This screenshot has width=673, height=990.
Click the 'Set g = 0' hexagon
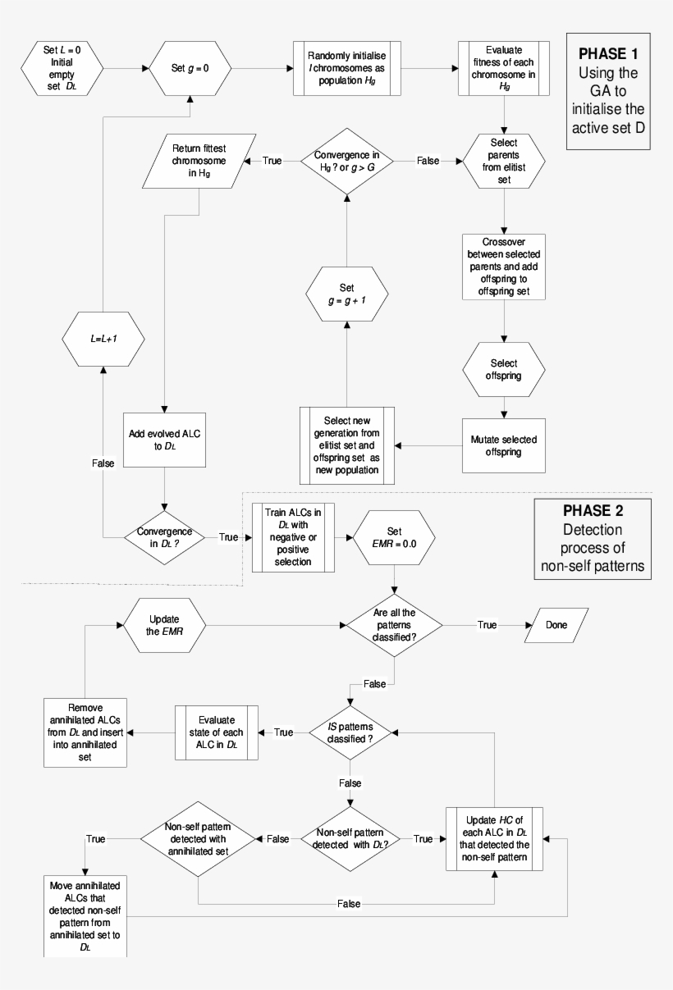click(191, 70)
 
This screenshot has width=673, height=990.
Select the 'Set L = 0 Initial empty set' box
click(62, 70)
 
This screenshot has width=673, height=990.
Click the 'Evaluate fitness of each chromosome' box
click(504, 70)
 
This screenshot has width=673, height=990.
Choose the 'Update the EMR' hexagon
click(163, 625)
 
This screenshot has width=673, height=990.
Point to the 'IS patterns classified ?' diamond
click(351, 732)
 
